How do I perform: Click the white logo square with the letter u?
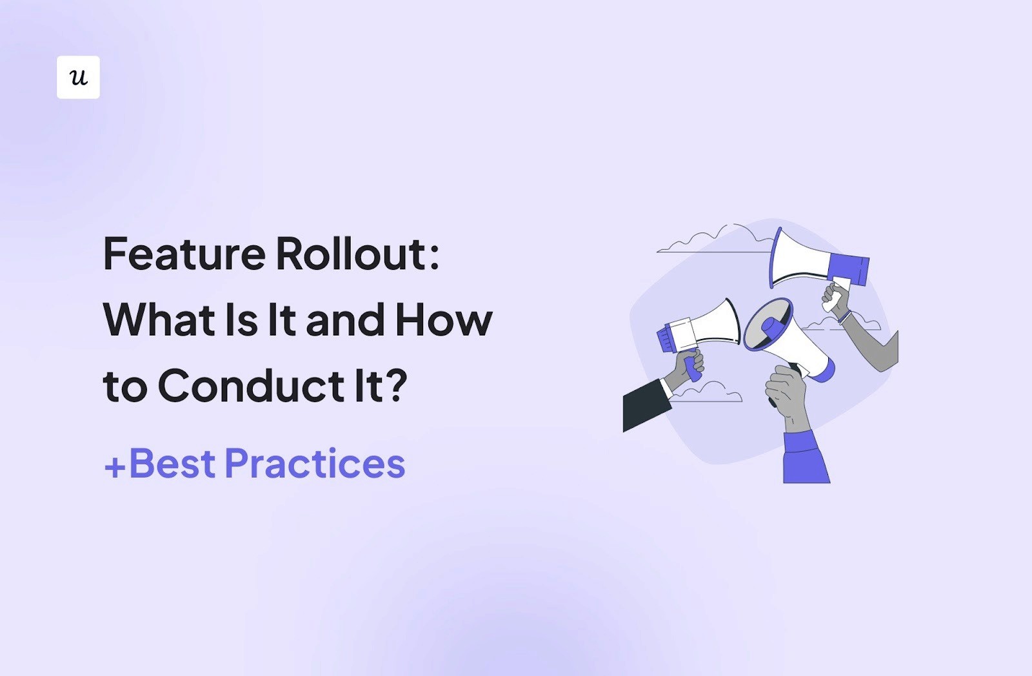click(x=78, y=77)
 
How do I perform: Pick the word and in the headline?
click(x=345, y=321)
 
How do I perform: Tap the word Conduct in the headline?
click(x=251, y=386)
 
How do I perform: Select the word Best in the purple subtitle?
click(x=172, y=464)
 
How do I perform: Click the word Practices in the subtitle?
click(x=315, y=464)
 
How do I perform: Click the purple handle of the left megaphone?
click(x=693, y=368)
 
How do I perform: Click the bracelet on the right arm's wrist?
click(x=845, y=317)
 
